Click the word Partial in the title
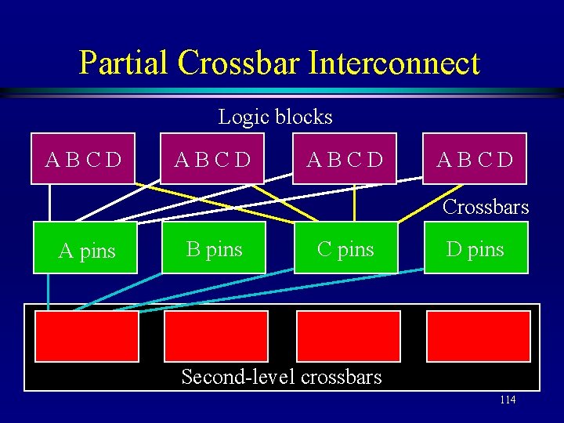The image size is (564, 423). [124, 63]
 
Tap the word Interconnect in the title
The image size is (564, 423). [394, 63]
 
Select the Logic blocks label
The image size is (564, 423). [275, 117]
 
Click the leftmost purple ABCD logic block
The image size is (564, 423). [84, 159]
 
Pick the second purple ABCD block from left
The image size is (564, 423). [213, 159]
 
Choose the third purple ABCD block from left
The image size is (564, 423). [345, 159]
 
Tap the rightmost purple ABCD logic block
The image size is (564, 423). [475, 159]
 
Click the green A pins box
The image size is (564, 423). [85, 248]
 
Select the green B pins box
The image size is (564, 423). [214, 248]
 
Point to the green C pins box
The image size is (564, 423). [345, 248]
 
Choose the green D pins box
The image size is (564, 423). [475, 248]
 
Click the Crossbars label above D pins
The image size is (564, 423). [486, 208]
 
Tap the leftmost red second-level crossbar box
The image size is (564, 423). [86, 336]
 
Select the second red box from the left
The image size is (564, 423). [215, 336]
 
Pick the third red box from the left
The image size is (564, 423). [348, 336]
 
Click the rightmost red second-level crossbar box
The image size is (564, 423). [478, 336]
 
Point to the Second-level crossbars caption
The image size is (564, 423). [281, 377]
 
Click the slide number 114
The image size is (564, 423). [507, 400]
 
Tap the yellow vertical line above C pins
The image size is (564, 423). [355, 204]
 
